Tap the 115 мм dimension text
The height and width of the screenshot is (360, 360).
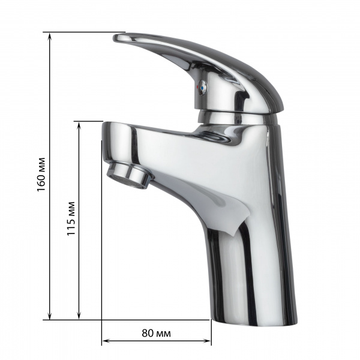pyautogui.click(x=71, y=220)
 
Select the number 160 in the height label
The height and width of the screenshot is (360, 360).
pyautogui.click(x=41, y=182)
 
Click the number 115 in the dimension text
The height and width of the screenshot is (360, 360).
pyautogui.click(x=71, y=226)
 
